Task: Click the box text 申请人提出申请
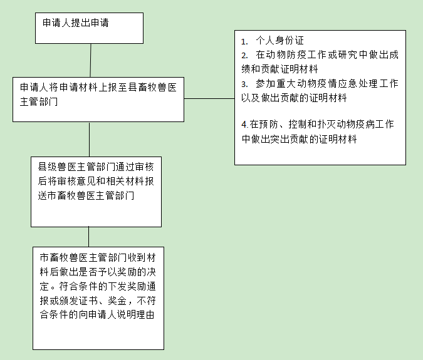coord(76,23)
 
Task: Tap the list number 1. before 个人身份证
coord(244,41)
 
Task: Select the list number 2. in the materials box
coord(244,56)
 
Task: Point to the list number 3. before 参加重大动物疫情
coord(244,84)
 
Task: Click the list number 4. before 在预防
coord(244,125)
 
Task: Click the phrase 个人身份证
coord(279,41)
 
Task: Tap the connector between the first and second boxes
coord(90,60)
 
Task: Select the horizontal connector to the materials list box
coord(209,99)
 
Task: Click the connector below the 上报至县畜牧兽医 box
coord(89,140)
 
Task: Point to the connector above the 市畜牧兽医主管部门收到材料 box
coord(89,237)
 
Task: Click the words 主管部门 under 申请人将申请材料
coord(39,102)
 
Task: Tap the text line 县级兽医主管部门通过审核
coord(96,167)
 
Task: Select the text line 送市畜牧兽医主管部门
coord(86,195)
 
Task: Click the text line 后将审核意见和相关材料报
coord(96,181)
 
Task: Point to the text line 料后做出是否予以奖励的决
coord(98,272)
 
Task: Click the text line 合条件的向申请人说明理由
coord(97,314)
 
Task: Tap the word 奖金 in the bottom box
coord(117,301)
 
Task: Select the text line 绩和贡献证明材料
coord(279,69)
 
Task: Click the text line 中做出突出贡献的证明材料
coord(299,139)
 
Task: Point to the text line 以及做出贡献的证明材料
coord(294,98)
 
